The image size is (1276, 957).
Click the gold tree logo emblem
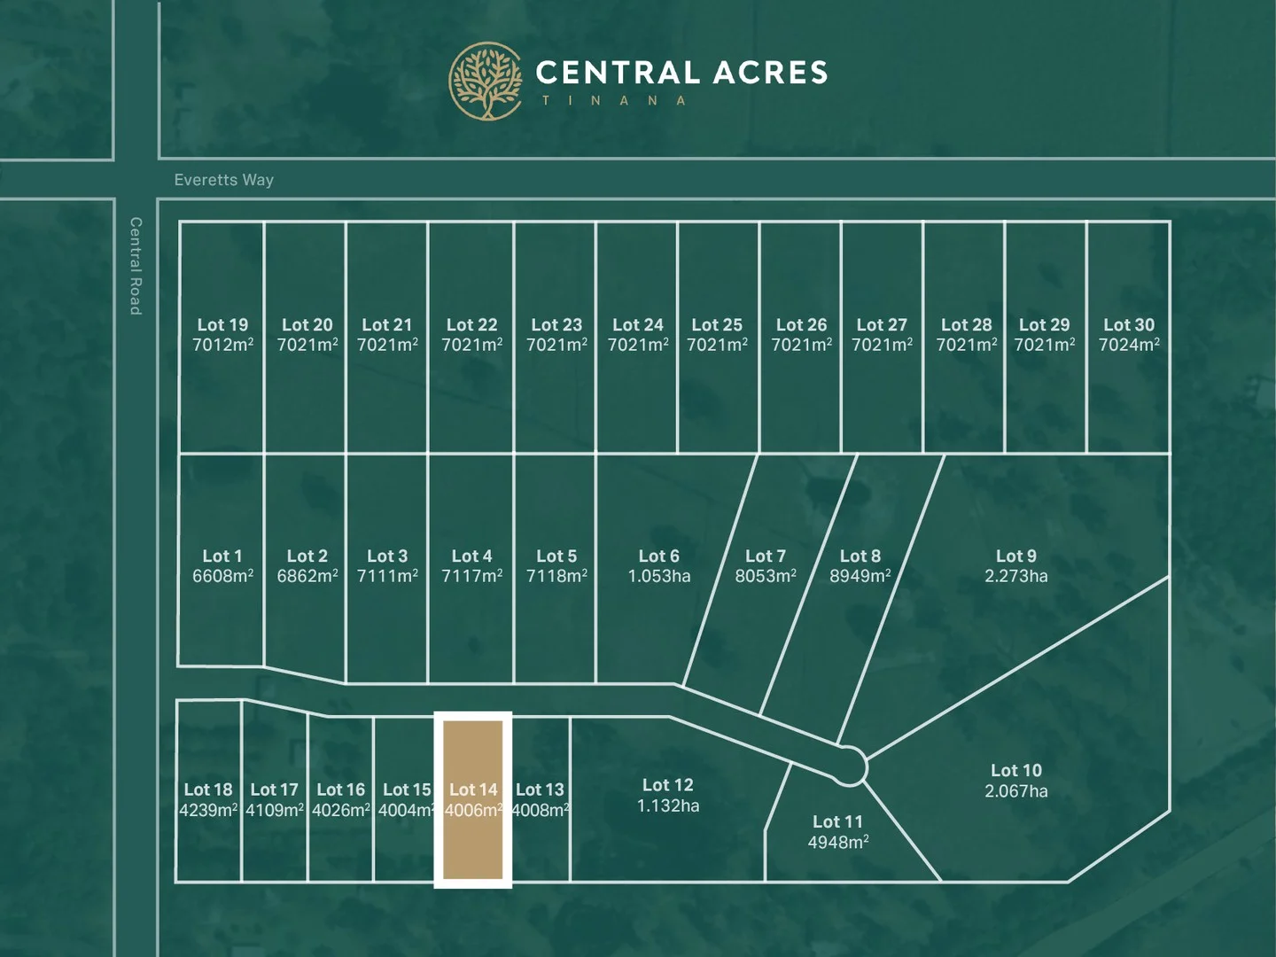pos(486,82)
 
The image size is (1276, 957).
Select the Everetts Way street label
pos(223,180)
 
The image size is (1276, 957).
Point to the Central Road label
pos(136,266)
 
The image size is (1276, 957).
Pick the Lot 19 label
pos(222,325)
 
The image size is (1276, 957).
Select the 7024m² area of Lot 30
pos(1129,345)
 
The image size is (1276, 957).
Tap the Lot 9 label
pos(1015,556)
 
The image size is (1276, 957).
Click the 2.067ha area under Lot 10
pos(1015,791)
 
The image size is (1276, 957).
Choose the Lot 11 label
pos(837,822)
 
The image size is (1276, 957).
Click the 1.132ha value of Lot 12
pos(667,806)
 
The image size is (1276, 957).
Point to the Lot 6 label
pos(658,556)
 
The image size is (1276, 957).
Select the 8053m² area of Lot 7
pos(765,576)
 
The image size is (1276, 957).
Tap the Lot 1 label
pos(222,556)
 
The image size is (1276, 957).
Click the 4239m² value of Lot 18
pos(208,810)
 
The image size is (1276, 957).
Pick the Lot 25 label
pos(717,325)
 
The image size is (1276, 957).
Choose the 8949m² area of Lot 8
pos(860,576)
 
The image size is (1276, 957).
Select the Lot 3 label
pos(387,556)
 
